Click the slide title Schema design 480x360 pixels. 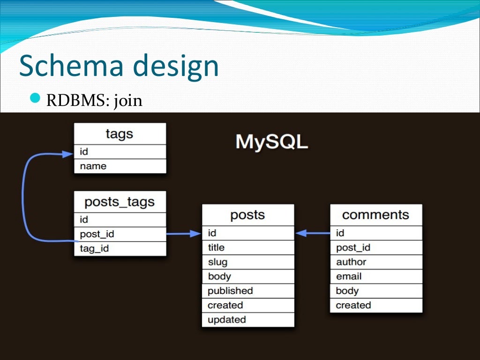(x=119, y=66)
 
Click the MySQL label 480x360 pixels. (x=271, y=142)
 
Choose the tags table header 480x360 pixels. (x=120, y=134)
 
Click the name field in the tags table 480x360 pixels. (x=120, y=166)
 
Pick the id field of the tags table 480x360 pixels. (x=120, y=151)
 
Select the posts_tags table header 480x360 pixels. (x=120, y=202)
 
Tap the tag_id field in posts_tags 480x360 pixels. (x=120, y=248)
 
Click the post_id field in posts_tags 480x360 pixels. (x=120, y=234)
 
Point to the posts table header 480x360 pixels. (x=247, y=215)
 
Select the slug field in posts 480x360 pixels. (x=247, y=262)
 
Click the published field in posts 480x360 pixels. (x=247, y=291)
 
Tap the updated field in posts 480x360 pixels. (x=247, y=320)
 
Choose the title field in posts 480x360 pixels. (x=247, y=247)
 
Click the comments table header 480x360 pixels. (x=375, y=215)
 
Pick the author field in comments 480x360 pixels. (x=375, y=262)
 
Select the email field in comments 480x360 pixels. (x=375, y=277)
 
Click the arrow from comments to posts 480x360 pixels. (x=313, y=233)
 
